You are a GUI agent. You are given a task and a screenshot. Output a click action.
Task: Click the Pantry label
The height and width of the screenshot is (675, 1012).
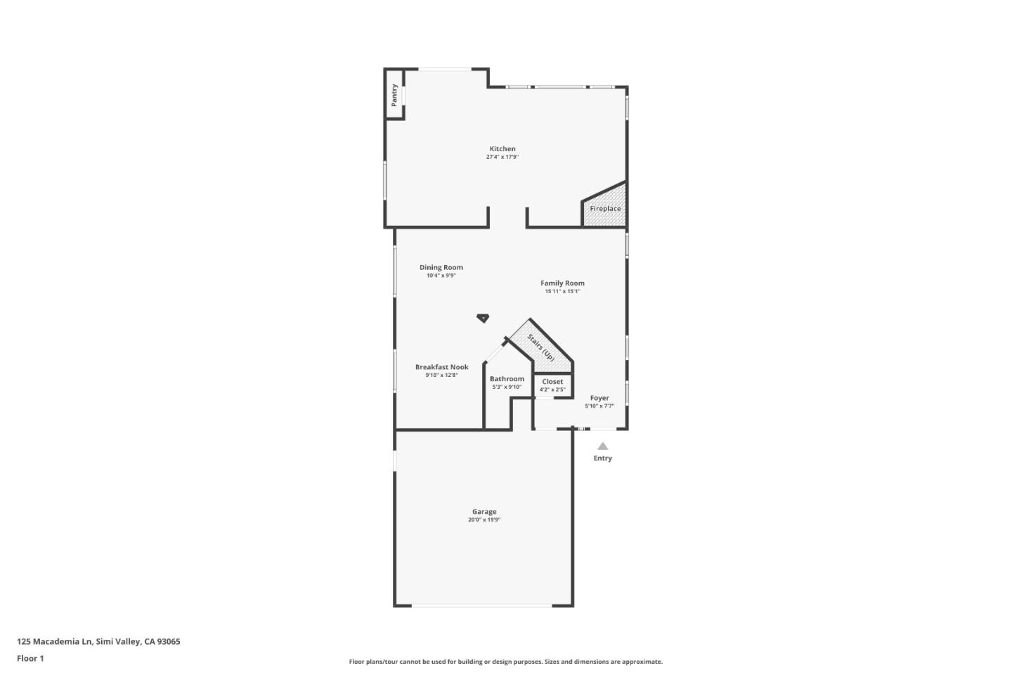(394, 94)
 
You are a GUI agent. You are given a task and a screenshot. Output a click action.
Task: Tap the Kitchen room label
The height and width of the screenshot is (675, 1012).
(502, 148)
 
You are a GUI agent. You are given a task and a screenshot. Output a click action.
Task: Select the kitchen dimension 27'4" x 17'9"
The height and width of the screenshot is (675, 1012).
(502, 157)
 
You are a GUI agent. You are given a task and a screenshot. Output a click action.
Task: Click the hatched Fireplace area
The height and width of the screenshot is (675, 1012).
(605, 208)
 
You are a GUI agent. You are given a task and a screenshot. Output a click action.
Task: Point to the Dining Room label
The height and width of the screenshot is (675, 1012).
(441, 267)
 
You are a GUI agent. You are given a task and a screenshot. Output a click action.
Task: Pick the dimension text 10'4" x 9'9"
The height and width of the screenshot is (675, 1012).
(441, 276)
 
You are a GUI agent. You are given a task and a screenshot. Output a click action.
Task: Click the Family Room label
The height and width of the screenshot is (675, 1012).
(562, 283)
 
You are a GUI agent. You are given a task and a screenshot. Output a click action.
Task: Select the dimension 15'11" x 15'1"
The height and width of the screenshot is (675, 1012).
(562, 291)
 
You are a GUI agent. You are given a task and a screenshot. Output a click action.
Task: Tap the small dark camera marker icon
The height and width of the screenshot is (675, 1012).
(483, 318)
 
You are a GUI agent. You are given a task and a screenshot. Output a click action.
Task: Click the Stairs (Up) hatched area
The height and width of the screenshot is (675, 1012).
(542, 348)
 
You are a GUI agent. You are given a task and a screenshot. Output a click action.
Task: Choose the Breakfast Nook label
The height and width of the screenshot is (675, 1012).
(441, 367)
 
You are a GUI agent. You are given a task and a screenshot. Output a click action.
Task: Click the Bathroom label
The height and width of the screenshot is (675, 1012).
(507, 379)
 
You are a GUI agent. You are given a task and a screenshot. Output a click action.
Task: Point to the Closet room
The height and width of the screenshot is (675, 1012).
(552, 385)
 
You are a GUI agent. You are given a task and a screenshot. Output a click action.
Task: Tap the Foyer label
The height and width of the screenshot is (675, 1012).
(599, 398)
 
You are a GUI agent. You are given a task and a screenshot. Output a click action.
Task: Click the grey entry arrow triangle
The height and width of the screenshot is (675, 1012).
(602, 446)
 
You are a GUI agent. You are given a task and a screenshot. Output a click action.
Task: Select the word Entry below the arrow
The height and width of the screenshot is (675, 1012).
(602, 458)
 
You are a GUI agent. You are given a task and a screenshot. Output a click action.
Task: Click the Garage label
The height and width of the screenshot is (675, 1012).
(484, 512)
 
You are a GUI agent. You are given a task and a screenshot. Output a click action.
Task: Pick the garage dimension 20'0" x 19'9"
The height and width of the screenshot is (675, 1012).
(484, 520)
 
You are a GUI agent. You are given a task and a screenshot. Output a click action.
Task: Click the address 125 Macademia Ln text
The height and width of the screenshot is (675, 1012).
(98, 641)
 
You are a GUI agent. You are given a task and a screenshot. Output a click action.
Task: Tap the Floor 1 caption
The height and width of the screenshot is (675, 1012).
(30, 659)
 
